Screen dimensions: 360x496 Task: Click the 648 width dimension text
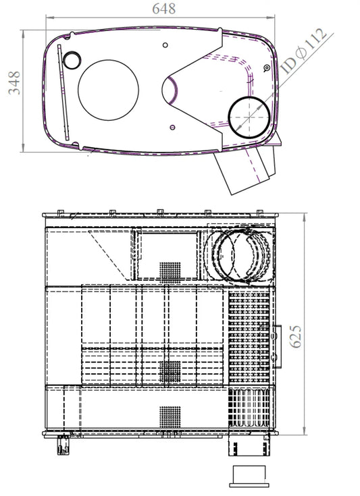tap(163, 9)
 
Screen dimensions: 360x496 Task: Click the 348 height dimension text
tap(14, 83)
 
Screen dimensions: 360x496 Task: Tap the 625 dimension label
tap(296, 336)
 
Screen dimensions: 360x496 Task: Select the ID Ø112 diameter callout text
tap(304, 51)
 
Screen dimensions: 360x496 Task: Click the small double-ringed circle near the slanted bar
tap(72, 60)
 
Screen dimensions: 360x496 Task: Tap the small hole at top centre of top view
tap(165, 45)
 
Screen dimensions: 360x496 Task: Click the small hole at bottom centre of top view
tap(172, 127)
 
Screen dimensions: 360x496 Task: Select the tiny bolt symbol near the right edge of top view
tap(267, 67)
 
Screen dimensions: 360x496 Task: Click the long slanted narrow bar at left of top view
tap(63, 92)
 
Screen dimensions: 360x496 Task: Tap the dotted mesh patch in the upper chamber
tap(170, 272)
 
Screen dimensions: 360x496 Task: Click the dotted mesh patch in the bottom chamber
tap(170, 417)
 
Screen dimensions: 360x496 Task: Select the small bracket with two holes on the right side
tap(276, 346)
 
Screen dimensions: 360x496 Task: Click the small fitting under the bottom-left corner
tap(63, 445)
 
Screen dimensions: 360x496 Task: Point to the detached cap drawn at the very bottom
tap(249, 476)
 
